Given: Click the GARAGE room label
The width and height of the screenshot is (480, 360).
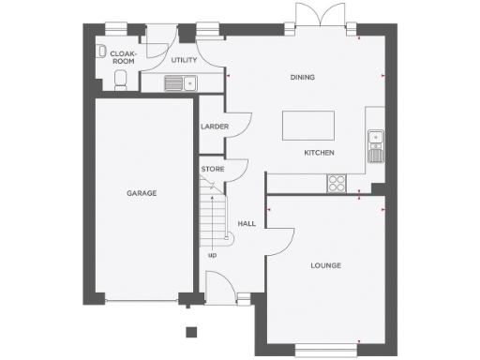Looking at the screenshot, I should click(142, 193).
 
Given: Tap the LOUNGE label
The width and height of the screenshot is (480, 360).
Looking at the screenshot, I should click(326, 265).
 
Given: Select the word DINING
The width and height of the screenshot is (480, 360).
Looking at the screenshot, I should click(302, 77).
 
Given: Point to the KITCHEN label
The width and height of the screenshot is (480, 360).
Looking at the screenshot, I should click(319, 153).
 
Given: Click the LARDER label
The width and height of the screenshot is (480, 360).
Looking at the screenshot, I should click(210, 127).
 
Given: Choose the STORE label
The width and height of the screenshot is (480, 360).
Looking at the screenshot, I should click(212, 170).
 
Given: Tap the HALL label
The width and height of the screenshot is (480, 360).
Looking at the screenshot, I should click(247, 224).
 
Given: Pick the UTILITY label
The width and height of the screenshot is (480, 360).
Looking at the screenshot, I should click(184, 60).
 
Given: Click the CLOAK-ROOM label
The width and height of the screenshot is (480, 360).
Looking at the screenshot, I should click(124, 57).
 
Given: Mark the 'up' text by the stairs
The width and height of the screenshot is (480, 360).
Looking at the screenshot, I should click(212, 253).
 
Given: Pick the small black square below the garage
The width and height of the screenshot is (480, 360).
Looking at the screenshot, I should click(191, 331).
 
